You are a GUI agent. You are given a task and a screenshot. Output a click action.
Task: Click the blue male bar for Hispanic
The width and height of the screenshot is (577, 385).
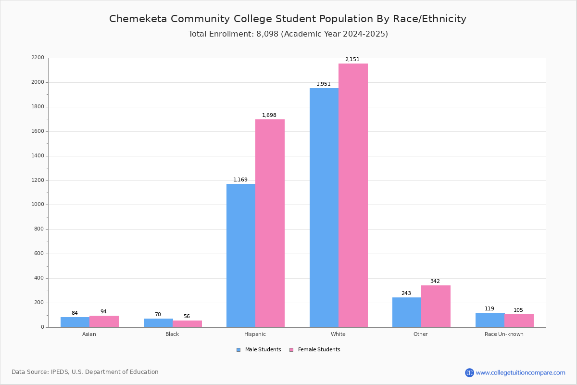coord(241,256)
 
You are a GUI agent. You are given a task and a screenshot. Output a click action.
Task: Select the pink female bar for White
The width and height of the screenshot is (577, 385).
coord(353,195)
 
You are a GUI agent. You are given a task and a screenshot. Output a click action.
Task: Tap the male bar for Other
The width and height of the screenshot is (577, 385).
coord(407,312)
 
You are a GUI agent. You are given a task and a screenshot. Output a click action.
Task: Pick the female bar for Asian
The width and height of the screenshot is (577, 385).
coord(104,321)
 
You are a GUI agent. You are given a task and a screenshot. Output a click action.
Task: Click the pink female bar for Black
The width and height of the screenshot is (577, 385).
coord(187,324)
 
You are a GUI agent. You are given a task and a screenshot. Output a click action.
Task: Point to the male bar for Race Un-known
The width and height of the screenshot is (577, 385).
coord(490,320)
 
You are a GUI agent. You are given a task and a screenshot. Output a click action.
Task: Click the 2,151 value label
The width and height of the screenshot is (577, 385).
coord(352,59)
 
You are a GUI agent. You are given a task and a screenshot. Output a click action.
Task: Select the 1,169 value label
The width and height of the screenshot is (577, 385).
coord(240,180)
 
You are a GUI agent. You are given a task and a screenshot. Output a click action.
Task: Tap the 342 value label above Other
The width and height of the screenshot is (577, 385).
coord(435,281)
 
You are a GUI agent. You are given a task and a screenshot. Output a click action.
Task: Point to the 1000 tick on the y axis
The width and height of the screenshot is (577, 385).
coord(38,205)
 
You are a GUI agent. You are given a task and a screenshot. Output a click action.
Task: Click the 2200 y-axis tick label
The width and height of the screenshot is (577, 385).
coord(38,57)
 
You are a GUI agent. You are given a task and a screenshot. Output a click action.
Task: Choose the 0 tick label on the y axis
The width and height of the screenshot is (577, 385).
coord(43,327)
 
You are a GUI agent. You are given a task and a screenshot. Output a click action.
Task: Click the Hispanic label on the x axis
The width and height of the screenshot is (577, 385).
coord(255,334)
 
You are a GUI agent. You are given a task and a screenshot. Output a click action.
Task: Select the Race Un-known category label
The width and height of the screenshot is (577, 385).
coord(504,334)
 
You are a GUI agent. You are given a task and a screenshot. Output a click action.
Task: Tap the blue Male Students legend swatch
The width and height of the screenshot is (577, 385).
coord(238,350)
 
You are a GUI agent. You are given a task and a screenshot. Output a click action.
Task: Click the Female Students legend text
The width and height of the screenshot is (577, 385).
coord(319,349)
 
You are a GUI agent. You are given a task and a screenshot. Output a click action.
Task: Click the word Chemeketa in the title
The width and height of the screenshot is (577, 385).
coord(138,19)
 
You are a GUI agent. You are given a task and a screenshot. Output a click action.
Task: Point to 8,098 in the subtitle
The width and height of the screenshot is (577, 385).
coord(267,34)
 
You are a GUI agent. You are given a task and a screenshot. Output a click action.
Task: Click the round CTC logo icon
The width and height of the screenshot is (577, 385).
coord(469,372)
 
